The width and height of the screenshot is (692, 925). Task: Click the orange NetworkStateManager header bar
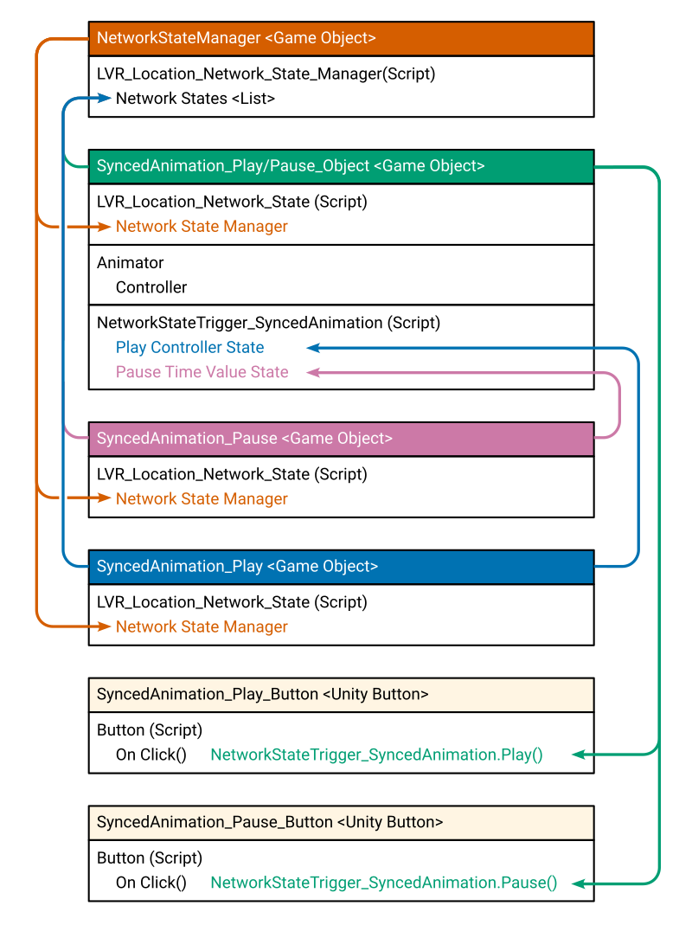[x=341, y=38]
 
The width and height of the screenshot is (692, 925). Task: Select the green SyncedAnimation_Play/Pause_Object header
[x=341, y=166]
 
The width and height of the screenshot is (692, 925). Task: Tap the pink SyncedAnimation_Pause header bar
[x=341, y=439]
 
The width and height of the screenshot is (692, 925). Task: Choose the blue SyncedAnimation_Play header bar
[x=341, y=567]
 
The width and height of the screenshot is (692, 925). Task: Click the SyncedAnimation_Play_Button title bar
[x=341, y=695]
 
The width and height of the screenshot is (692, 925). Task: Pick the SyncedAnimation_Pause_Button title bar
[x=341, y=823]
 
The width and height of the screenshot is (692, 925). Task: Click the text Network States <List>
[x=195, y=99]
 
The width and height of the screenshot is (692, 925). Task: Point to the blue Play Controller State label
[x=190, y=348]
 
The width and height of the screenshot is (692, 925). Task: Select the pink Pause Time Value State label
[x=202, y=372]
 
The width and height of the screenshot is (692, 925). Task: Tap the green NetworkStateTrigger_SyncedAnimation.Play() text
[x=376, y=755]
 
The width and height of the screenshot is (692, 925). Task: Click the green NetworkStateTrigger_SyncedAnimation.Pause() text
[x=383, y=883]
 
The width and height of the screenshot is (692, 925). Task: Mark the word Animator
[x=131, y=263]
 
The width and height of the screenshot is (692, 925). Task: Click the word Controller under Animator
[x=151, y=288]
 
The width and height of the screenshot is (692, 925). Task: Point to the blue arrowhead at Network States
[x=105, y=99]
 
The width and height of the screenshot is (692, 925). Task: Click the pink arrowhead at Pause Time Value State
[x=314, y=372]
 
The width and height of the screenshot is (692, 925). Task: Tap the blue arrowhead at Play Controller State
[x=314, y=348]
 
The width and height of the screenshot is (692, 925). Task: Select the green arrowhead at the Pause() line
[x=580, y=883]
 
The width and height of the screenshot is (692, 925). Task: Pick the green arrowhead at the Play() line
[x=580, y=755]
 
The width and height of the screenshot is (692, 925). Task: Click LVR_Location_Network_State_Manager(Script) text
[x=266, y=74]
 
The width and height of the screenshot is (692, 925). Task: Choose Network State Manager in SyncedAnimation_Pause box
[x=202, y=499]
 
